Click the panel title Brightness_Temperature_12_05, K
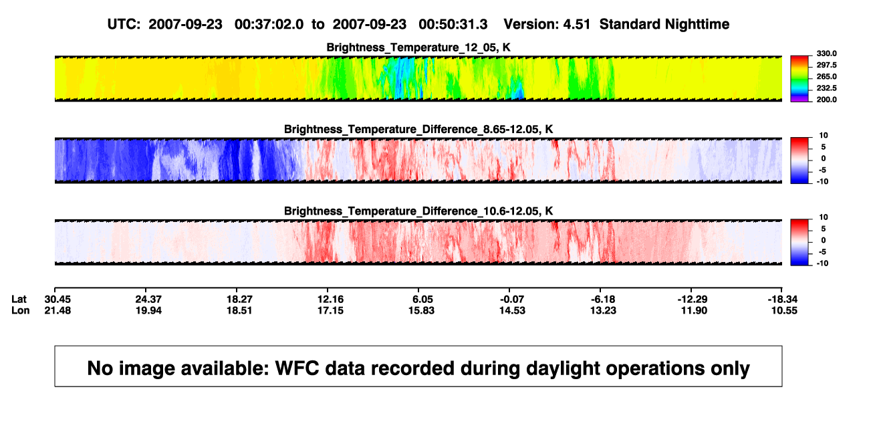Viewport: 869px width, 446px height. (x=418, y=47)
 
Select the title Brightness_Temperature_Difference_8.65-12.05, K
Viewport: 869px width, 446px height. (x=418, y=129)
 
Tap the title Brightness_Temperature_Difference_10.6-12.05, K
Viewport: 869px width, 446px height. (x=418, y=211)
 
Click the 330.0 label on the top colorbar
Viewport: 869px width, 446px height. (x=826, y=53)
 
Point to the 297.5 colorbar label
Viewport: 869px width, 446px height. (x=826, y=65)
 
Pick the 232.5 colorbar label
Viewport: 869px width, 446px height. (x=826, y=88)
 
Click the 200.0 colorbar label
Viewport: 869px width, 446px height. (x=826, y=100)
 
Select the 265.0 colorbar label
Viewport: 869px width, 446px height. (x=826, y=76)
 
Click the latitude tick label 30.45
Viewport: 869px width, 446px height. (x=57, y=300)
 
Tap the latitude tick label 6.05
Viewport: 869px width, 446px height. (x=422, y=300)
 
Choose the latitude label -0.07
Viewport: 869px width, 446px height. (x=512, y=300)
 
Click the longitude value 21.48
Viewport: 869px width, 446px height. (x=57, y=310)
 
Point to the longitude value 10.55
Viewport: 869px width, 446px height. (x=784, y=310)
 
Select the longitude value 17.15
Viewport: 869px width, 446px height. (x=330, y=310)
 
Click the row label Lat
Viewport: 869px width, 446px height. (x=19, y=300)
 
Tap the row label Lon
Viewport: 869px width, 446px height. (x=21, y=310)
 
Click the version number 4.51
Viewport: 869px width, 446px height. (x=577, y=24)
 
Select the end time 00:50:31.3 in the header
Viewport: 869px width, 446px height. (x=453, y=24)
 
